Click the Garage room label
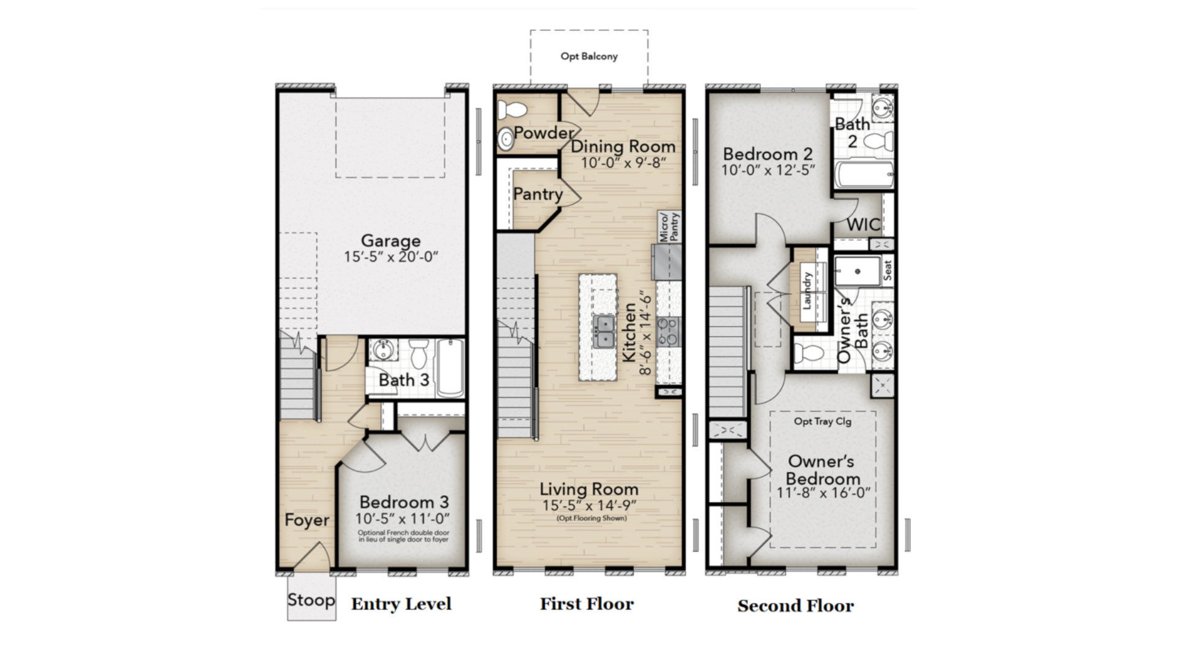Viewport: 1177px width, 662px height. [390, 240]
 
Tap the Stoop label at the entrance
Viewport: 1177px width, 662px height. [311, 599]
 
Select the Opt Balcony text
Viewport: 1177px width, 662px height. [589, 56]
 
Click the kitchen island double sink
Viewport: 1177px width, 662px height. [604, 332]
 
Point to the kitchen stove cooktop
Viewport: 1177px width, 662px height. [668, 331]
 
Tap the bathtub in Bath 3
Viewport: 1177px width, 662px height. [451, 369]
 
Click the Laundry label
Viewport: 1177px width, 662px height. [807, 291]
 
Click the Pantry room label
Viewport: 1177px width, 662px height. [538, 194]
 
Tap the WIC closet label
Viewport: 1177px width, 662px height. [864, 224]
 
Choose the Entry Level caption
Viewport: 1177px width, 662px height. [402, 604]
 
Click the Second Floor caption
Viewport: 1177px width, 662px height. [796, 606]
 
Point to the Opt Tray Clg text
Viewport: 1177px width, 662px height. [823, 421]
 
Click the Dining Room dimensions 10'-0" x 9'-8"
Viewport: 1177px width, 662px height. [623, 162]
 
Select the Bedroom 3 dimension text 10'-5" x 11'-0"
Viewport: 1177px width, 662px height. [403, 519]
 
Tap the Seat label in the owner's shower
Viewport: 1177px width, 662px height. [887, 270]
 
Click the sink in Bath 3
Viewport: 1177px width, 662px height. [384, 350]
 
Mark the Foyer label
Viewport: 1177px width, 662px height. [307, 520]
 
